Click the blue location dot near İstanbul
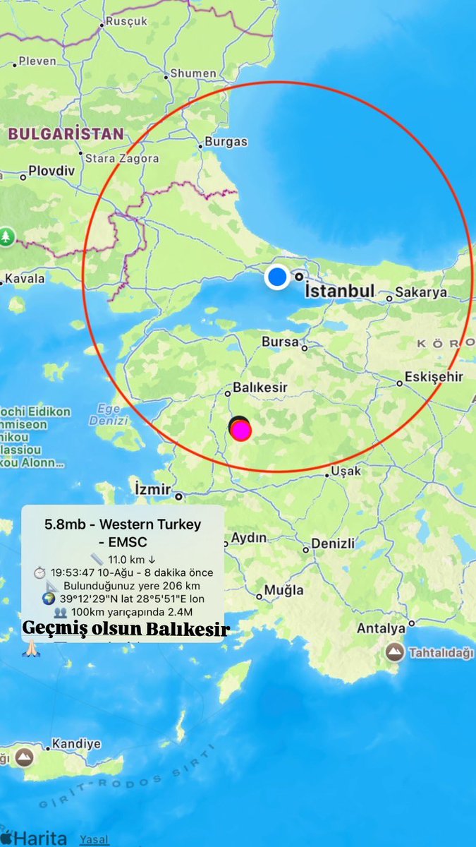coord(278,277)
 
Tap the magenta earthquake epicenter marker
coord(241,430)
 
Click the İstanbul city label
coord(338,291)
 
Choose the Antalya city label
coord(382,627)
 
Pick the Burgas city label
coord(226,141)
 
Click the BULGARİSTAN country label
coord(66,133)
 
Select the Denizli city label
coord(332,543)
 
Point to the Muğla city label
coord(283,590)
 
